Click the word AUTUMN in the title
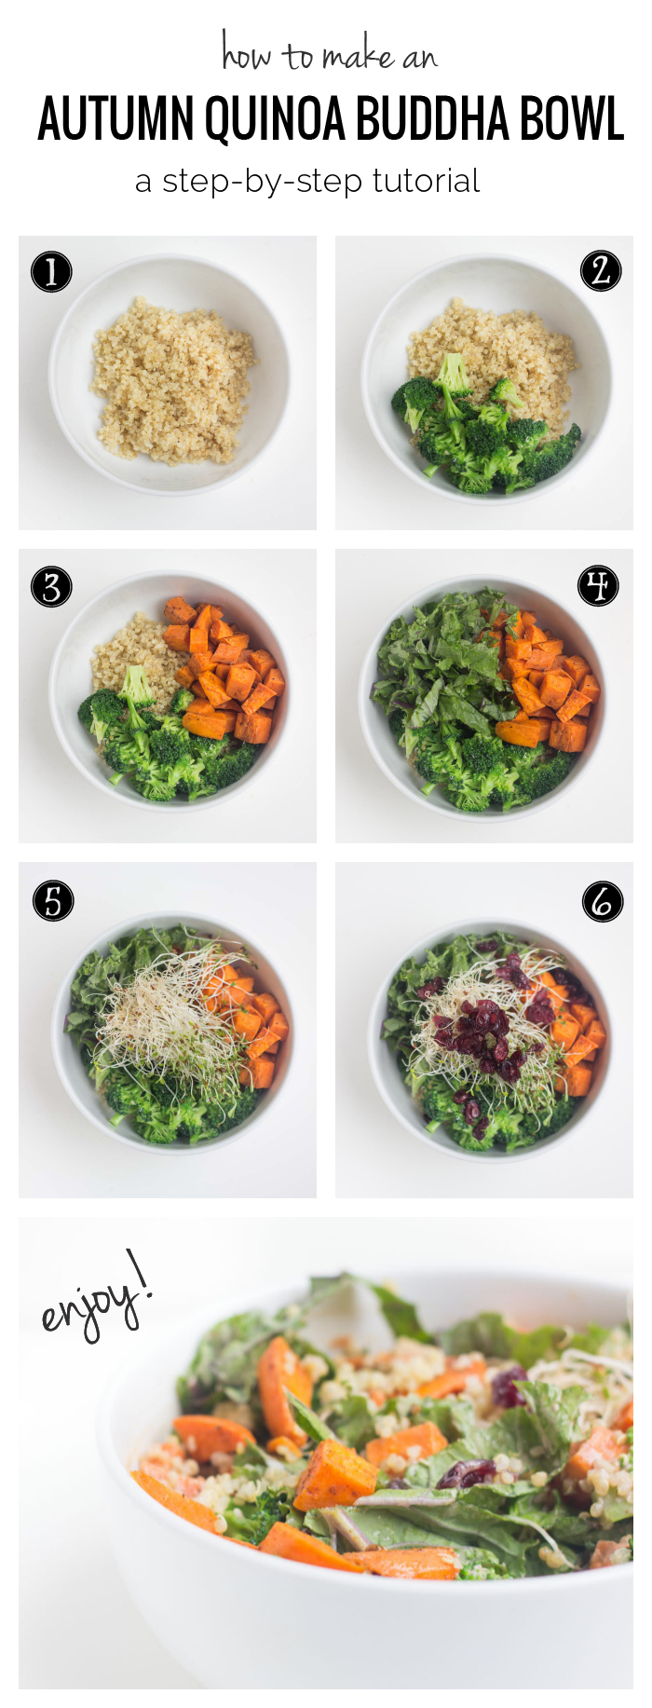(115, 119)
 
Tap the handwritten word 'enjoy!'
(95, 1297)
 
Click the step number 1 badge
(51, 272)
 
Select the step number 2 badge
(601, 271)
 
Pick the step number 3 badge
(51, 588)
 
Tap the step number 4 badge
(598, 585)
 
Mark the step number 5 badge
(53, 902)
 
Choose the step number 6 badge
(603, 902)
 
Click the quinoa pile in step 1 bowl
(173, 381)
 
